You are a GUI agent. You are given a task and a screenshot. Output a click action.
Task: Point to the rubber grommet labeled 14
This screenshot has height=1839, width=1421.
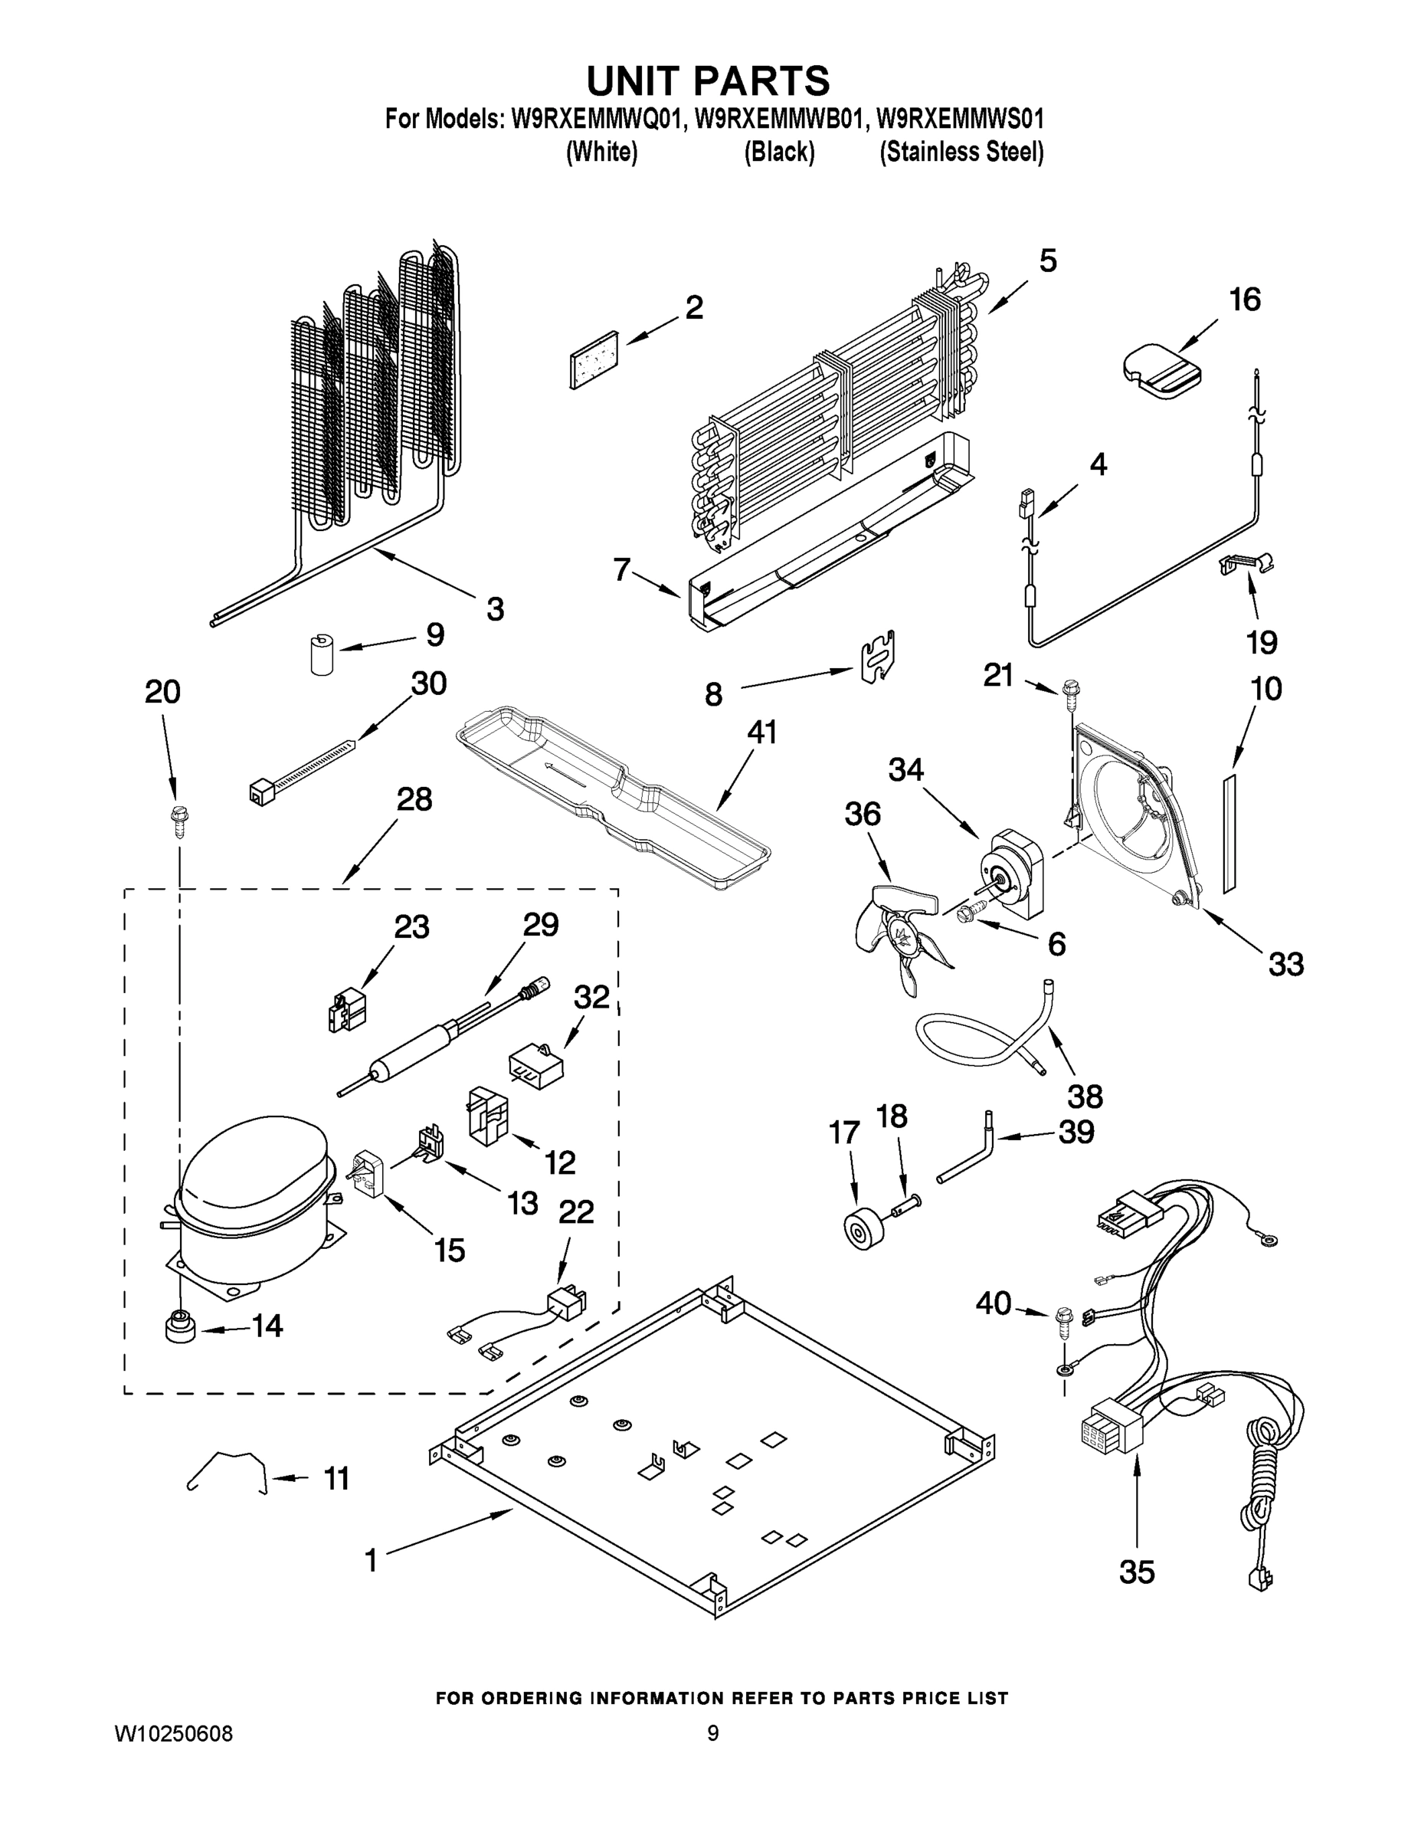[180, 1328]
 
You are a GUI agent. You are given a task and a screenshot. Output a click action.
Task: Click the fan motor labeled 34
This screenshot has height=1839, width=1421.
[1013, 880]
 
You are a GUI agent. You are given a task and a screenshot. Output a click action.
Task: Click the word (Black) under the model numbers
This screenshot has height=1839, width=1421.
[779, 152]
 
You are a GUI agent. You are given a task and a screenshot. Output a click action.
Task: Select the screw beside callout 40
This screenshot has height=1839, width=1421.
[1063, 1319]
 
